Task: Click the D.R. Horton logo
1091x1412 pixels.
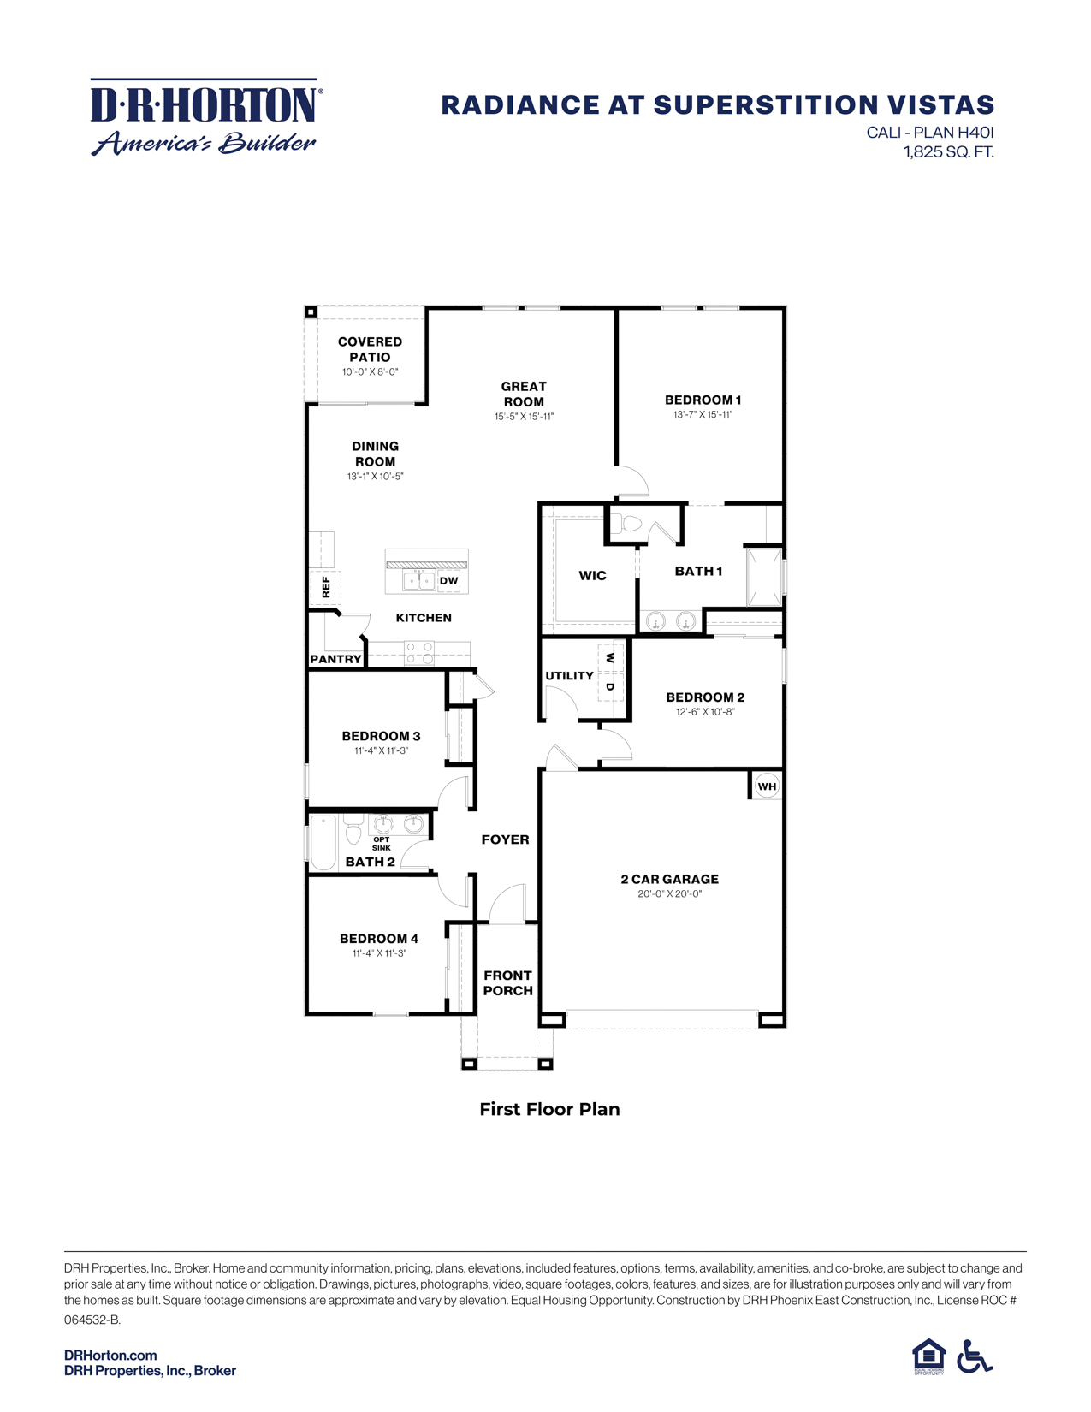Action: point(205,118)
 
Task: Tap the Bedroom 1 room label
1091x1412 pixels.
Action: point(703,400)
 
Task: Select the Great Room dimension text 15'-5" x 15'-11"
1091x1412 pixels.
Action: point(524,417)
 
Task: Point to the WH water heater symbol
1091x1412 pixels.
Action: point(767,786)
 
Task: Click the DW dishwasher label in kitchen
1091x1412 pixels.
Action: point(448,581)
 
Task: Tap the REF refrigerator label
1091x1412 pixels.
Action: point(326,587)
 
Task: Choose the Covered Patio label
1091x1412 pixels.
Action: point(370,349)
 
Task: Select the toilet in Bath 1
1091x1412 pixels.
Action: point(630,523)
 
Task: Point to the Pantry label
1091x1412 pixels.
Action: point(335,659)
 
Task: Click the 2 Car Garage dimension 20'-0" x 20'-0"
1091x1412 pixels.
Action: point(669,893)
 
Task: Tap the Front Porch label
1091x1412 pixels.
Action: point(507,982)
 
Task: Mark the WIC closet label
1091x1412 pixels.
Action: point(592,575)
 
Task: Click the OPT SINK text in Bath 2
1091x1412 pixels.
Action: point(382,844)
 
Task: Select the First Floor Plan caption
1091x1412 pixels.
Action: point(549,1109)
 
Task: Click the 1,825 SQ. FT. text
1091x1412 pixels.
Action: point(949,153)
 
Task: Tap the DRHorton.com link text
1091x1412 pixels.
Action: point(110,1355)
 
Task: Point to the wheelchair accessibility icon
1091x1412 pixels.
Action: point(974,1356)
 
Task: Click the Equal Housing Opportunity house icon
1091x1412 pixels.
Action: point(928,1356)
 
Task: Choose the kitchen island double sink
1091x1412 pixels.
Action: point(419,581)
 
